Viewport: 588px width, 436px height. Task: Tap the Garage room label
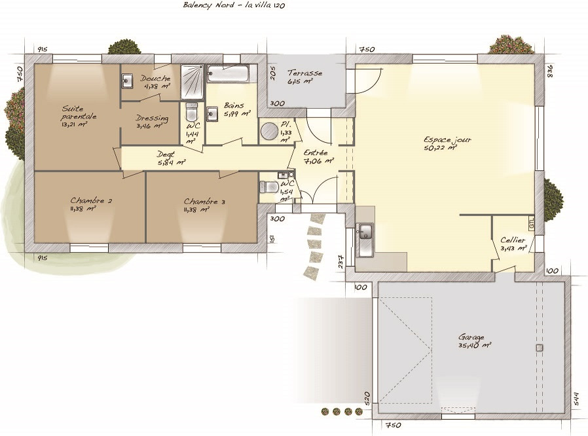coord(471,338)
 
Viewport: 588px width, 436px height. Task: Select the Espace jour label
coord(447,139)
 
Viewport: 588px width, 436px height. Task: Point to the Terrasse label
coord(304,73)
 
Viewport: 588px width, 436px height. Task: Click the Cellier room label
coord(513,240)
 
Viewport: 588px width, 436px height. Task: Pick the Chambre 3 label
coord(204,202)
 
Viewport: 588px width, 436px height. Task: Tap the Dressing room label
coord(152,118)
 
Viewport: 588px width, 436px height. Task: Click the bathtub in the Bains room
coord(229,73)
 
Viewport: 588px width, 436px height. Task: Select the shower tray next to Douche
coord(192,81)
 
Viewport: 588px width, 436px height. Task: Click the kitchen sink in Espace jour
coord(365,233)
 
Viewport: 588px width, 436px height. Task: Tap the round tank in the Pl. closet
coord(269,132)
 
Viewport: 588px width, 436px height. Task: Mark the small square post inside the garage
coord(539,348)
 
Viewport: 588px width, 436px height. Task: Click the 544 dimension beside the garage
coord(576,399)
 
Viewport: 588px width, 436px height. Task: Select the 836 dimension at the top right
coord(550,71)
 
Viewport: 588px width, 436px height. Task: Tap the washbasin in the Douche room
coord(127,81)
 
